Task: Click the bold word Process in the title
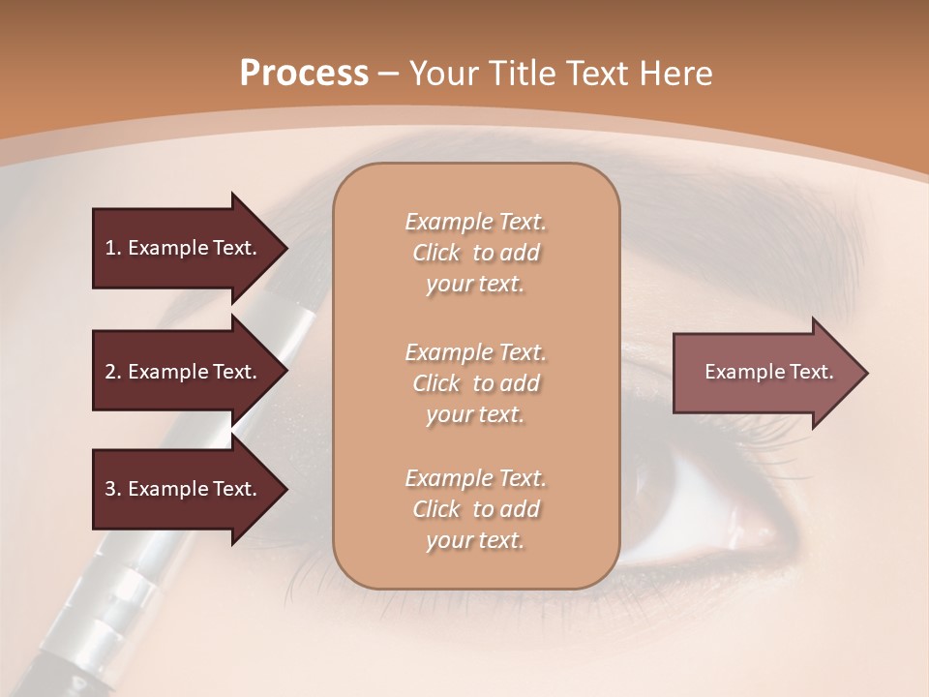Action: coord(304,74)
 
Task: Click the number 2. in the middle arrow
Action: coord(113,372)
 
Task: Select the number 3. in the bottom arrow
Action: coord(113,489)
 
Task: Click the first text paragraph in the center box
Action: coord(475,253)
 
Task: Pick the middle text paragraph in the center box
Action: coord(475,383)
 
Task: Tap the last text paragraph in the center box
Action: coord(475,509)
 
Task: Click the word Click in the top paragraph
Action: coord(436,253)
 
